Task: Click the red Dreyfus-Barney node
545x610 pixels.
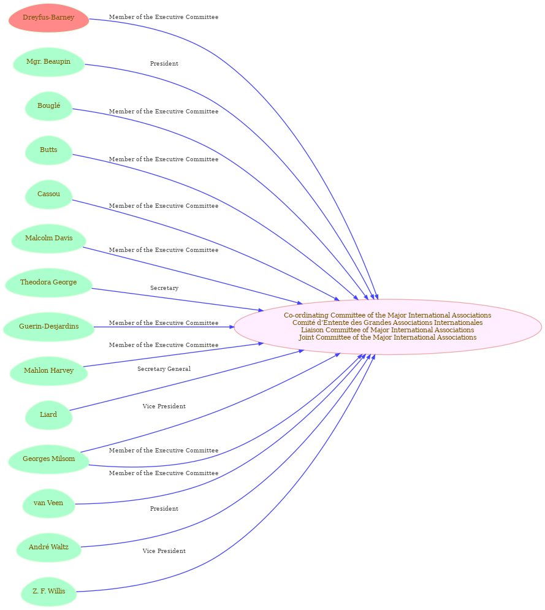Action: tap(48, 18)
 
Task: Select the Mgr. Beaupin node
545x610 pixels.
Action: tap(48, 62)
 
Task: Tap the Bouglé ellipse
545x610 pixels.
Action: tap(48, 106)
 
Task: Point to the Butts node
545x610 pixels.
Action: tap(48, 150)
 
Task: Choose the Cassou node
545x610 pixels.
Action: tap(48, 194)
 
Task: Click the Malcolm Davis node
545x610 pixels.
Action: tap(48, 238)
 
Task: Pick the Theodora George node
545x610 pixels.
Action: tap(48, 283)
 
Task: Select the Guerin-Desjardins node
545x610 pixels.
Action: tap(48, 327)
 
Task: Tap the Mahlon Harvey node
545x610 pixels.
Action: tap(48, 371)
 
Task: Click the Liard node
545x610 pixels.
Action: tap(48, 415)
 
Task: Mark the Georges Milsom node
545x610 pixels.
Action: tap(48, 459)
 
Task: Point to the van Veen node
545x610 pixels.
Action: tap(48, 503)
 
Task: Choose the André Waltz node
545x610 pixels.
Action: tap(48, 547)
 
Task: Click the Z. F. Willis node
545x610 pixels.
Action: tap(48, 592)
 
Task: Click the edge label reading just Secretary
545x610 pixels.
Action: tap(164, 288)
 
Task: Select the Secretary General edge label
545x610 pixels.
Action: tap(164, 369)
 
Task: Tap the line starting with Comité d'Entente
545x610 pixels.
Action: tap(387, 323)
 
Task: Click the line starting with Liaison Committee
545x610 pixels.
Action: tap(387, 330)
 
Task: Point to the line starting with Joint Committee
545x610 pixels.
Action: tap(387, 338)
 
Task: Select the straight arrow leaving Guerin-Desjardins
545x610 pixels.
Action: tap(164, 327)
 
